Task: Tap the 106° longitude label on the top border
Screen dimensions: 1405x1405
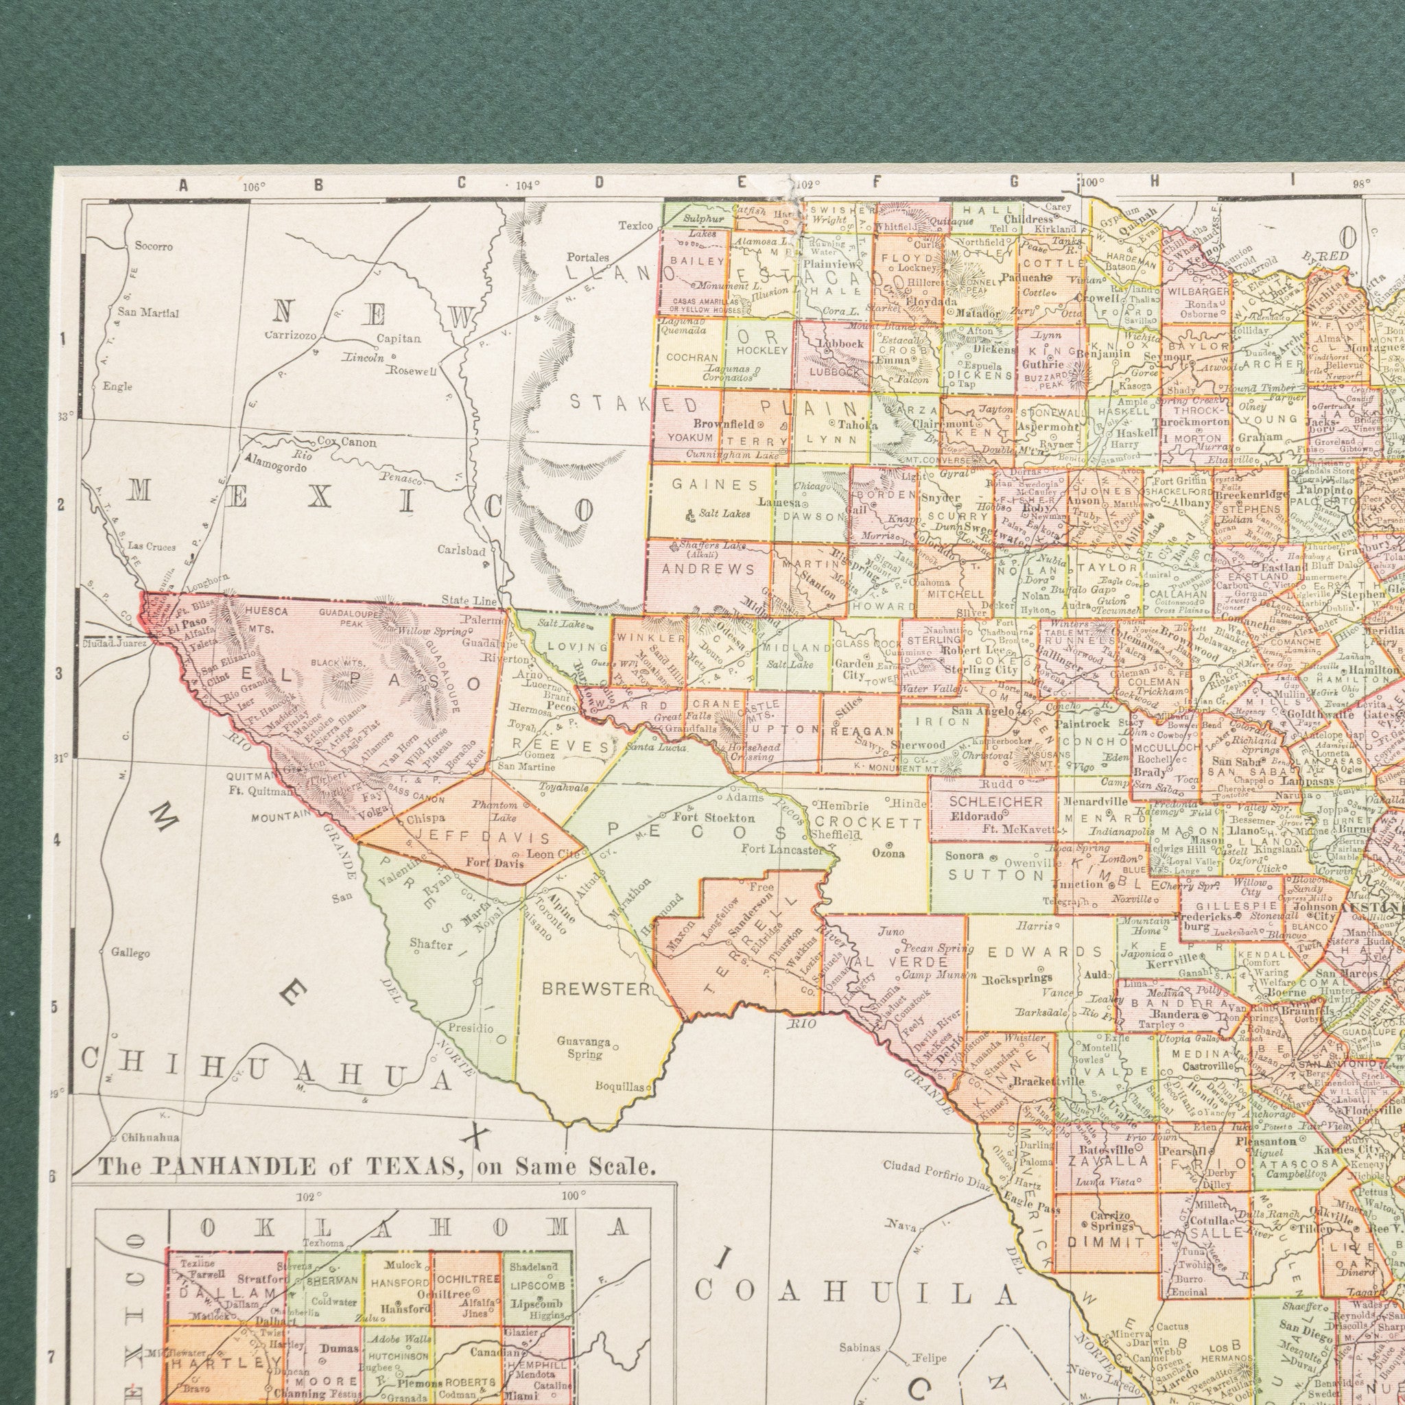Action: click(x=254, y=185)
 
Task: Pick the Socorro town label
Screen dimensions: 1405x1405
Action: click(x=154, y=246)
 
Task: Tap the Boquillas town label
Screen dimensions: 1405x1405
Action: click(x=618, y=1087)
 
